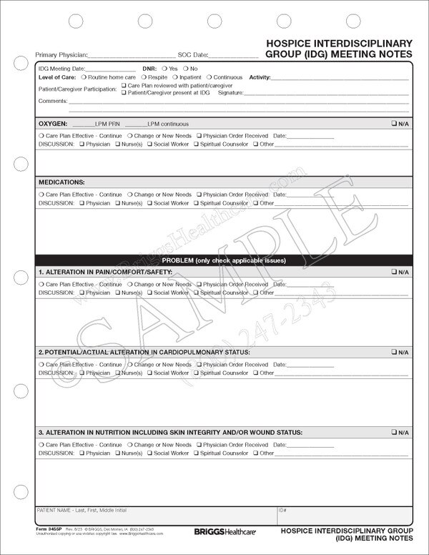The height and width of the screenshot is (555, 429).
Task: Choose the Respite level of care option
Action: (x=143, y=77)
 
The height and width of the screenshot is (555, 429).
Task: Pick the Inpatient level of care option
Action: (x=176, y=77)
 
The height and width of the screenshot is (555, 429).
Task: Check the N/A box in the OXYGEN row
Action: (x=394, y=124)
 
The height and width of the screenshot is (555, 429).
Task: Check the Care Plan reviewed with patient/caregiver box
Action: (x=124, y=85)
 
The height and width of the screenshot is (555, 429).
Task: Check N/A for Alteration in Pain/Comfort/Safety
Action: (x=394, y=272)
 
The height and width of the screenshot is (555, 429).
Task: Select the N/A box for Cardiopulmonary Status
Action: (x=394, y=353)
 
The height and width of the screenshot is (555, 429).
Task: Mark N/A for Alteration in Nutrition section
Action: (x=394, y=433)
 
